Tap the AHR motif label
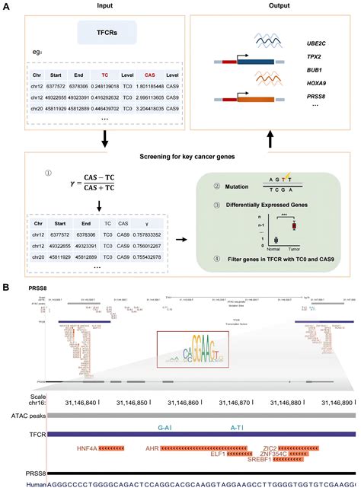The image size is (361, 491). (156, 449)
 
